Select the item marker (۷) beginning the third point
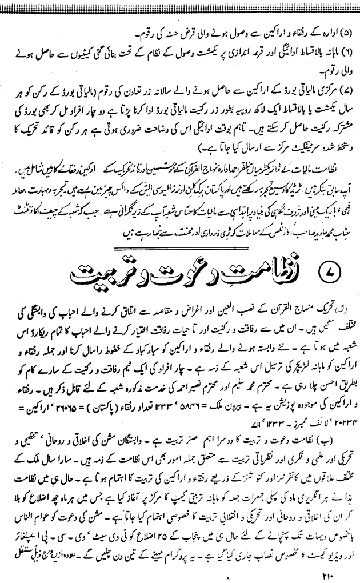pos(343,76)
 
